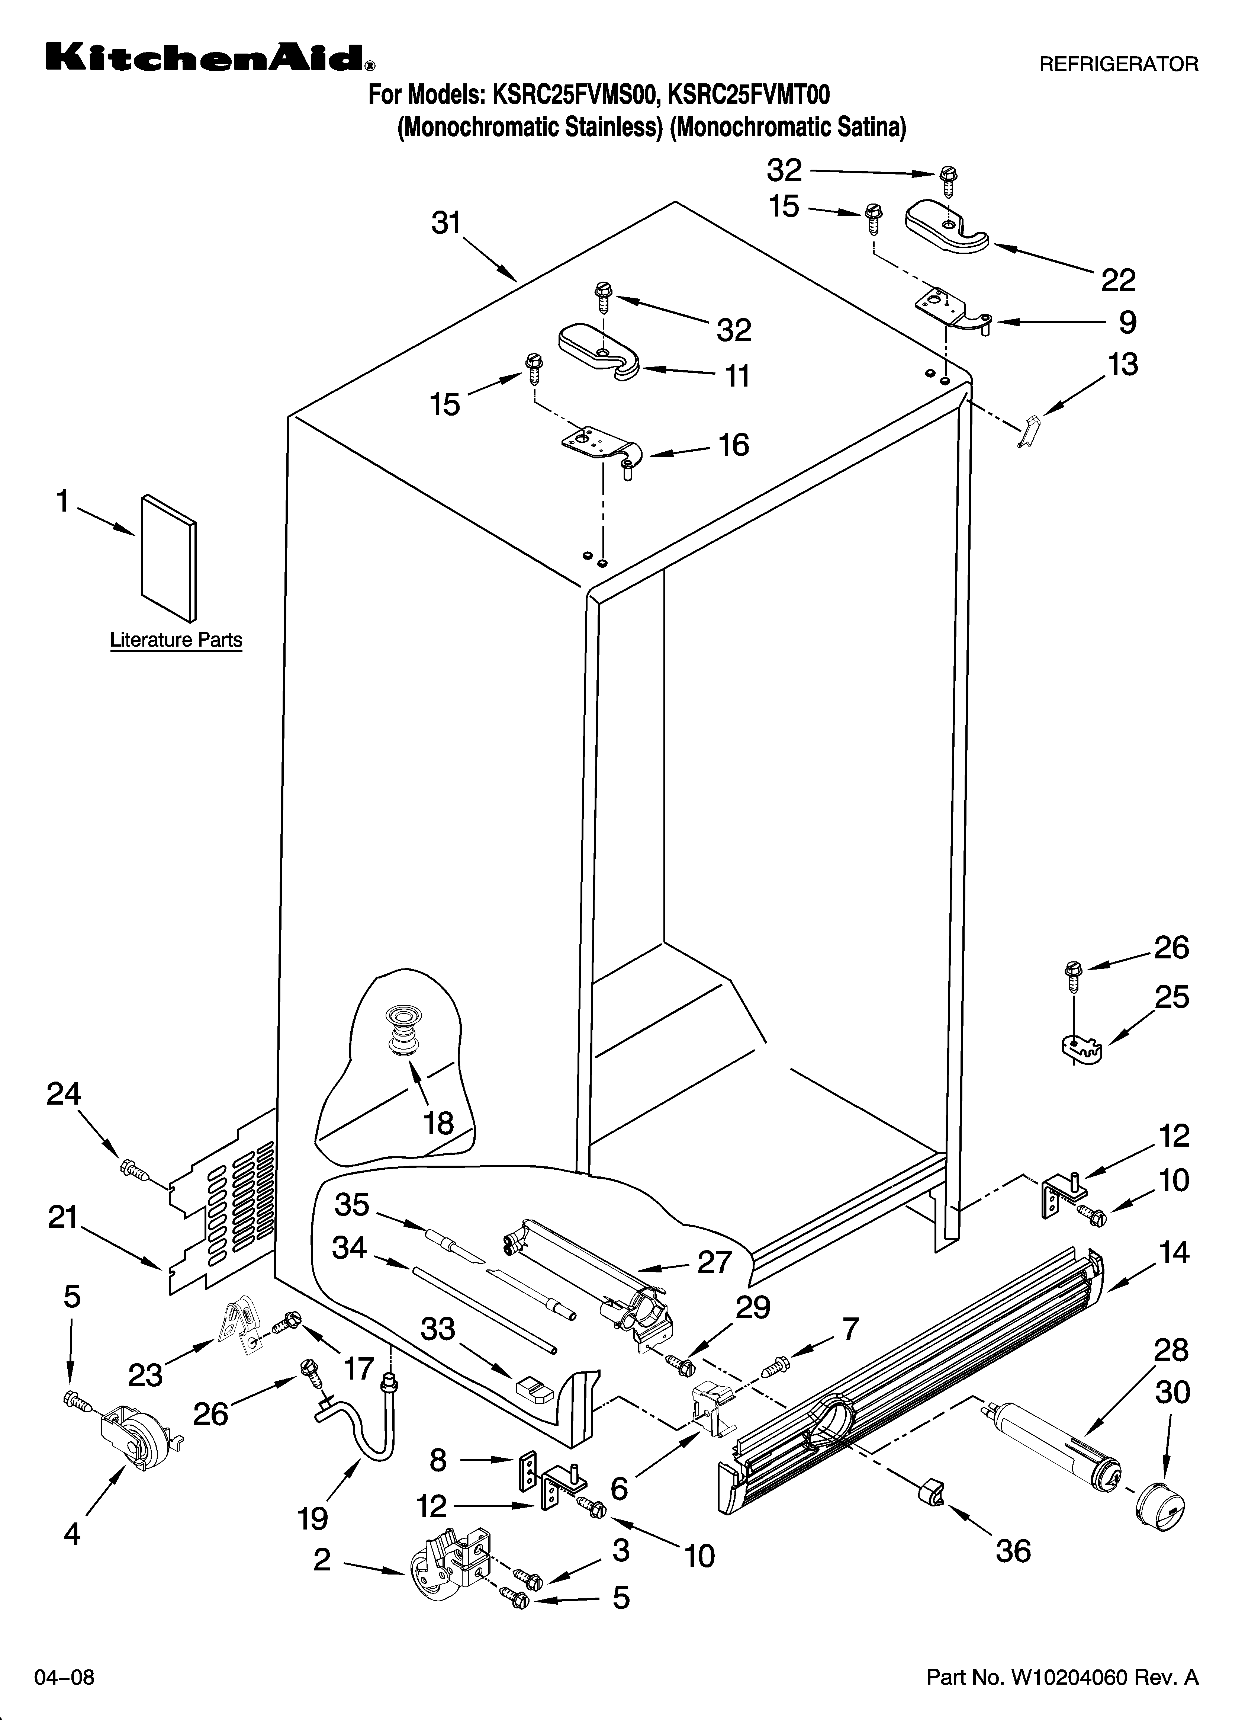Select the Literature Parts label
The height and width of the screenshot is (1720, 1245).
[x=176, y=640]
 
